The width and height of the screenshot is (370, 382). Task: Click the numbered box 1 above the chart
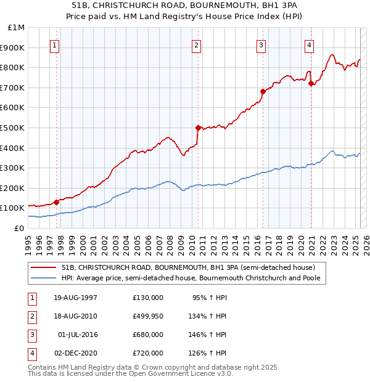[55, 44]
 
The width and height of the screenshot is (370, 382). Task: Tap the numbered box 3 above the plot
[261, 44]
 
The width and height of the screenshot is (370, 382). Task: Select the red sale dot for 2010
[198, 128]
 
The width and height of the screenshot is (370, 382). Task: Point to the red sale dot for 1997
[56, 201]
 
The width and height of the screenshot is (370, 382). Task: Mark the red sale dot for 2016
[263, 92]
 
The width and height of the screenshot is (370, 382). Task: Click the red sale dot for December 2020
[311, 84]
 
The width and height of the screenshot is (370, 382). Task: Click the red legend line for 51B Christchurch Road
[44, 267]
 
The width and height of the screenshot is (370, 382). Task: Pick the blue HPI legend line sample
[44, 278]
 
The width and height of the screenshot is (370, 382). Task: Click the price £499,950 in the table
[148, 316]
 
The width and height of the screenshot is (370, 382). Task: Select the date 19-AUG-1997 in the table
[76, 298]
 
